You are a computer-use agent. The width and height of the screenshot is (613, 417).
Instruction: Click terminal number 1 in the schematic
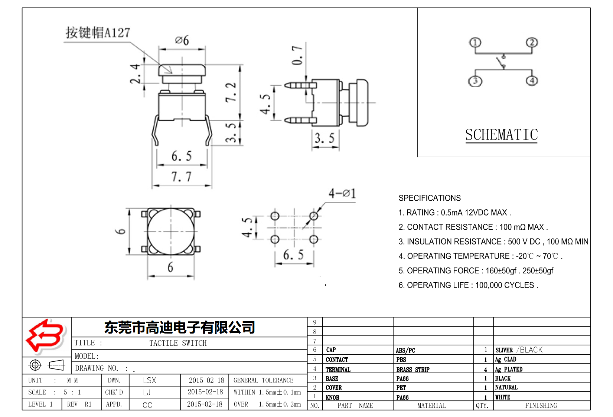tap(475, 42)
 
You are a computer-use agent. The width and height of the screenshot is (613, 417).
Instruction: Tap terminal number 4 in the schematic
tap(532, 80)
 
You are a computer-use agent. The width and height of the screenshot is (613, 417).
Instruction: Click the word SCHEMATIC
tap(501, 135)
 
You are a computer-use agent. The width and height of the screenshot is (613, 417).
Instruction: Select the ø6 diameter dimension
tap(182, 40)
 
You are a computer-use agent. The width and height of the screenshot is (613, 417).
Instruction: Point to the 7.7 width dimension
tap(181, 177)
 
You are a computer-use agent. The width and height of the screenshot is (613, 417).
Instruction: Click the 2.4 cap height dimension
tap(135, 73)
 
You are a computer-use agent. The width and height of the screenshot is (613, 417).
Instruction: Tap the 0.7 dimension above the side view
tap(297, 55)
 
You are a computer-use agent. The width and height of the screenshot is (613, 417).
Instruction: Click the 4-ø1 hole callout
tap(342, 193)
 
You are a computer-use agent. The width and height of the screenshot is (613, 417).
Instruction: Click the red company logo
tap(46, 336)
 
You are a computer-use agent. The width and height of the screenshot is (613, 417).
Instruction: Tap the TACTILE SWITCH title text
tap(178, 343)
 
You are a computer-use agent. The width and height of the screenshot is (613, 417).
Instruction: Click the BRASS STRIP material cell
tap(413, 370)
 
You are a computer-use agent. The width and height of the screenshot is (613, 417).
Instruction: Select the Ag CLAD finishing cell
tap(505, 359)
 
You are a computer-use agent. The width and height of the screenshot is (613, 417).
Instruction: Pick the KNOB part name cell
tap(332, 397)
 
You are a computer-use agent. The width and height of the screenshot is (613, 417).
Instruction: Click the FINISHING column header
tap(541, 405)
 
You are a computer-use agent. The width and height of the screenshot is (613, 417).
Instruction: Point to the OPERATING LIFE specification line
tap(468, 285)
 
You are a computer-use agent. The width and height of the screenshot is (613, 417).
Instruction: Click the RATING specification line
tap(454, 213)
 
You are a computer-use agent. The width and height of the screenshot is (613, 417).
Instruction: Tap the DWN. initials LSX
tap(149, 380)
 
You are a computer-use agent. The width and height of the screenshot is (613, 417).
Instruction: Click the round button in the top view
tap(171, 231)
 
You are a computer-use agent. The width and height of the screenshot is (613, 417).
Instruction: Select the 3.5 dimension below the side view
tap(325, 138)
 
